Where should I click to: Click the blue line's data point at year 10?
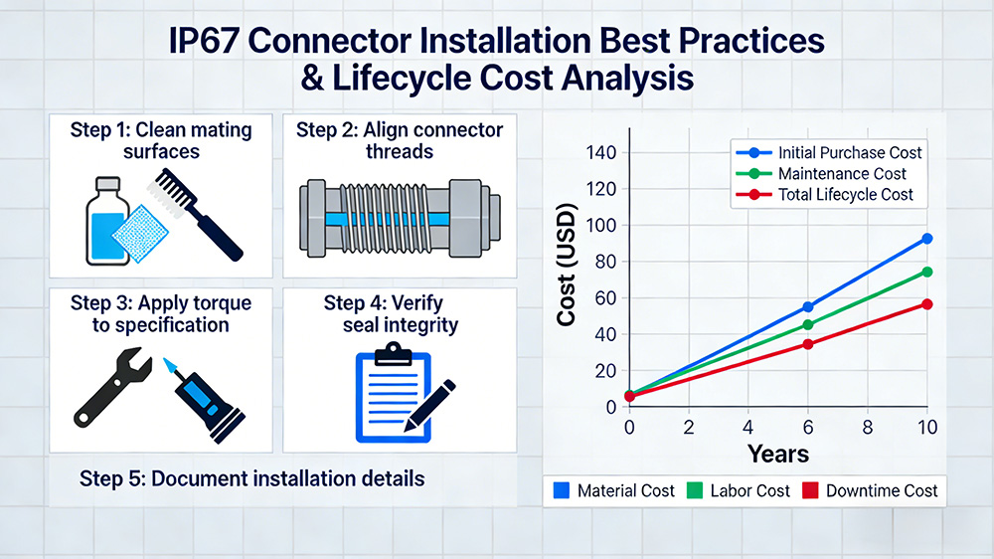[x=926, y=239]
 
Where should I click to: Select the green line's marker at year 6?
[x=807, y=324]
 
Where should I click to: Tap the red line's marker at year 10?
[x=926, y=303]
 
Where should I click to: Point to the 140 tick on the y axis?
[x=601, y=153]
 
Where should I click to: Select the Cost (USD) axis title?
[x=568, y=280]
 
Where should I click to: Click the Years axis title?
[x=778, y=455]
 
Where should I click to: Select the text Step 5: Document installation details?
[x=251, y=478]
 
